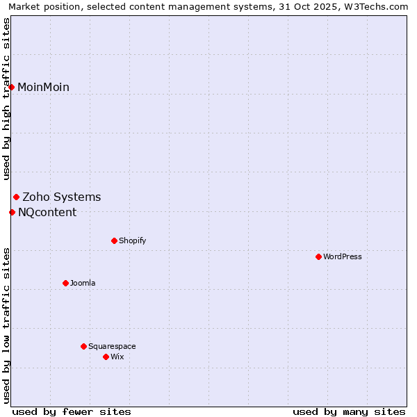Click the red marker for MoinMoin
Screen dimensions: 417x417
12,87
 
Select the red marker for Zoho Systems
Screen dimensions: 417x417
16,197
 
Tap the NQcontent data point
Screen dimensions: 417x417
12,212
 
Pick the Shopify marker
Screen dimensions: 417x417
114,240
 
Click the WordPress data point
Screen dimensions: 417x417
318,256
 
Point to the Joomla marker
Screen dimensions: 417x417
65,283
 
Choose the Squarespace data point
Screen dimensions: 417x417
83,346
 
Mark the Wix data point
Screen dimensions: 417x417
106,357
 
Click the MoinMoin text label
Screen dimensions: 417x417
43,87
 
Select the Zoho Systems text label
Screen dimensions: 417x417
62,197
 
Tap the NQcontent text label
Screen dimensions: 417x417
47,212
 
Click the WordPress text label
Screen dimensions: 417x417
343,256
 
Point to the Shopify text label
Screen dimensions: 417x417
132,240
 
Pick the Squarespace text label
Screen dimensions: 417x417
112,346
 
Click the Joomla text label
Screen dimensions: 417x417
83,283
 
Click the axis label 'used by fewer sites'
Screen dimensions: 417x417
72,411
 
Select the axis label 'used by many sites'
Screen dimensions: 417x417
349,411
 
